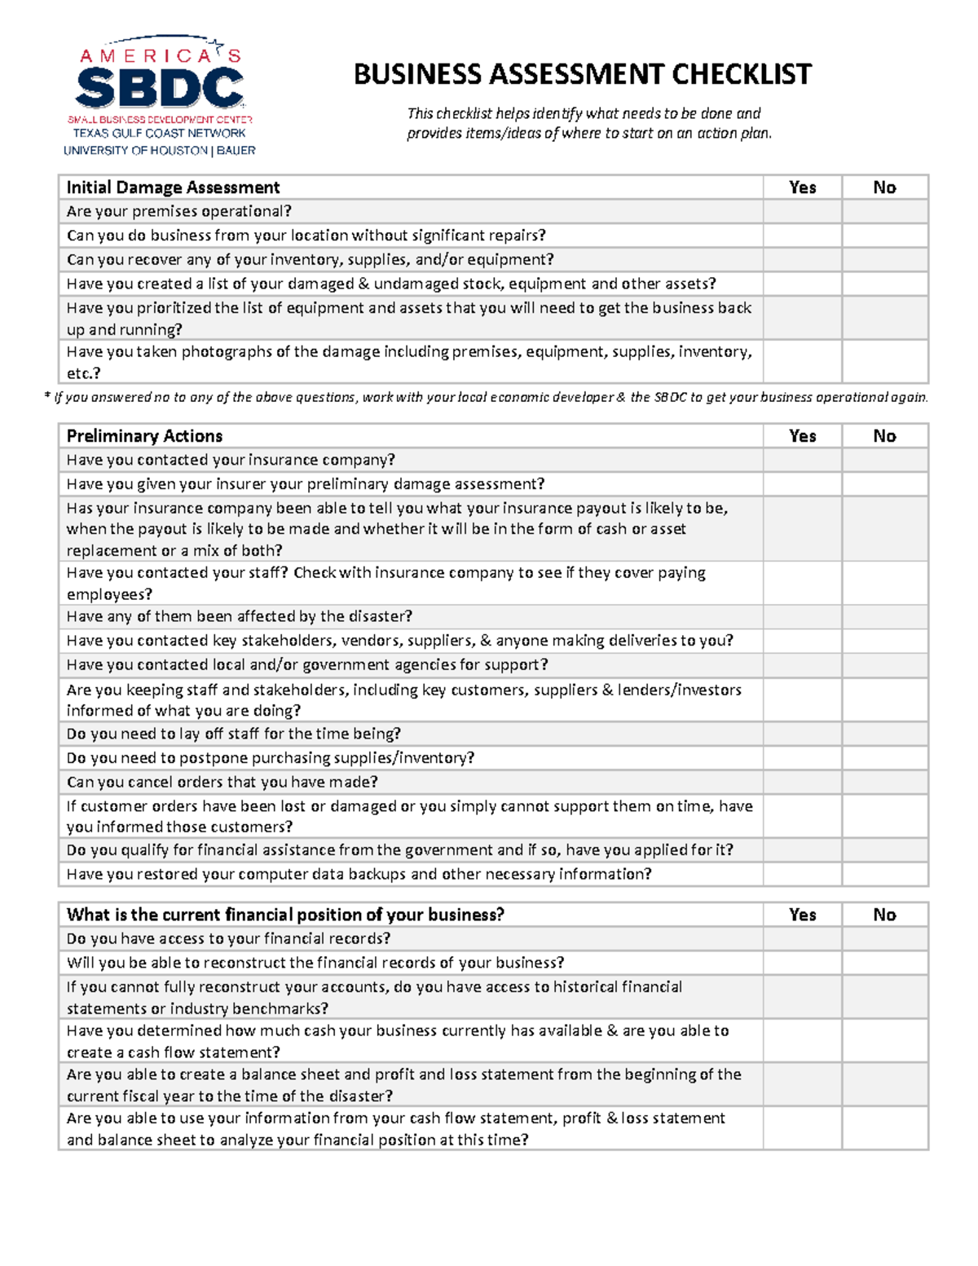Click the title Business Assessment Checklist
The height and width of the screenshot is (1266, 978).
coord(582,75)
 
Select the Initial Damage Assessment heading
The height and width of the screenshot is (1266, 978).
coord(173,187)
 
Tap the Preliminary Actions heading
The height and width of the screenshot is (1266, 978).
coord(144,436)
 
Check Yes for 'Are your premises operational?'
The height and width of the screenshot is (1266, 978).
coord(802,212)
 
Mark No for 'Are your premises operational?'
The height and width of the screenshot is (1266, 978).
coord(884,212)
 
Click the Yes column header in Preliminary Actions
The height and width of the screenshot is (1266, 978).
coord(802,436)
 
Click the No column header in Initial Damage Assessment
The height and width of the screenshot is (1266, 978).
coord(884,187)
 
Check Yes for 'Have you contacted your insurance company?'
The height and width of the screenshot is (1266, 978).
coord(802,461)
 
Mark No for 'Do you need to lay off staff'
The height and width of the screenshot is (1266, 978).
coord(884,734)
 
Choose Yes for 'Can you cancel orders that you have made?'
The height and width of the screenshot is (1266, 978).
coord(802,783)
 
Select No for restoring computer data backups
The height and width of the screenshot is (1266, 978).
coord(884,874)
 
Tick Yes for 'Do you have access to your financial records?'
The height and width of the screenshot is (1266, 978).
coord(802,939)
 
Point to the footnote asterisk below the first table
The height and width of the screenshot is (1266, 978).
coord(46,397)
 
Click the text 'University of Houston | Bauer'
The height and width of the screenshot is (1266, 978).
coord(160,151)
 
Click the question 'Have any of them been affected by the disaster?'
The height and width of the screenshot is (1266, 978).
coord(240,616)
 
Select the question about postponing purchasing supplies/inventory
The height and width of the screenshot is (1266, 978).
coord(271,758)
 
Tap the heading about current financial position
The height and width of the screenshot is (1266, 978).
coord(285,915)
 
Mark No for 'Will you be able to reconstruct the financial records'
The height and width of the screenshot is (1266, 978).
coord(884,963)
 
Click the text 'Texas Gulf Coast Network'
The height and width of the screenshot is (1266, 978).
coord(160,133)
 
